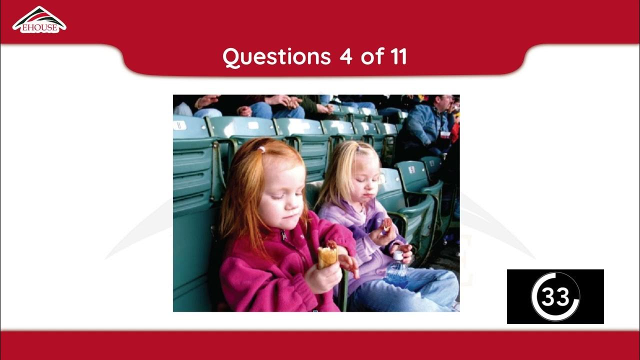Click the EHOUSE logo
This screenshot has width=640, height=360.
39,20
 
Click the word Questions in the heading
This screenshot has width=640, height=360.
276,57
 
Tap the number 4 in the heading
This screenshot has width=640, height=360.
345,57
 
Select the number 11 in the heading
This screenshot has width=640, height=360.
394,57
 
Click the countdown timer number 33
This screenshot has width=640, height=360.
555,297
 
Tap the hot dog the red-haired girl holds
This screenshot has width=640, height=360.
328,254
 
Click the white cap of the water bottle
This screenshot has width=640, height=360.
397,255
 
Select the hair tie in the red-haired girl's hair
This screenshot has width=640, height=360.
260,149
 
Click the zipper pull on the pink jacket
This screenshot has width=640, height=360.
283,234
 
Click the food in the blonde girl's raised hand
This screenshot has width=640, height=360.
386,223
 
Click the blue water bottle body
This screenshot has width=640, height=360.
396,273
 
